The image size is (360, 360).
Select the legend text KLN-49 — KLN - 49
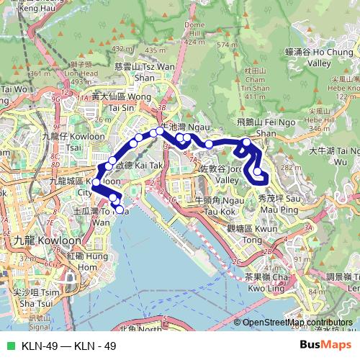click(69, 346)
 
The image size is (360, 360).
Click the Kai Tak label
click(143, 165)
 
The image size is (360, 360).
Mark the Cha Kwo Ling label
click(259, 281)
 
